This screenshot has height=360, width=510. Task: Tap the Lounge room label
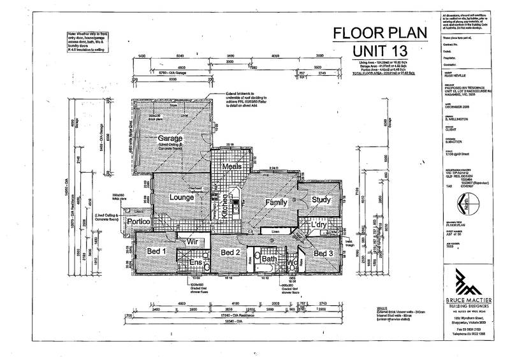point(181,198)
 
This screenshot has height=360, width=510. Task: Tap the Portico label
point(138,222)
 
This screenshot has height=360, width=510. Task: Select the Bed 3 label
point(323,254)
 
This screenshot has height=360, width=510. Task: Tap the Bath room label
point(268,259)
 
